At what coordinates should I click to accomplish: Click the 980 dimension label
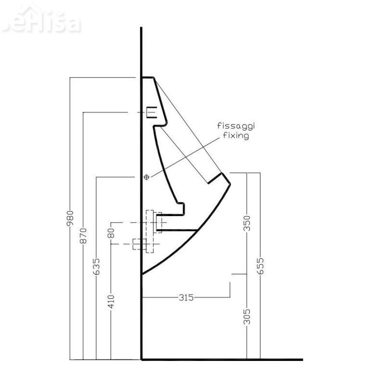[70, 218]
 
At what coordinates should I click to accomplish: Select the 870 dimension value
[83, 234]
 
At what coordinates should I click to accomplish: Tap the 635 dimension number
[96, 266]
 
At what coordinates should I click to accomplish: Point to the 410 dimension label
[111, 301]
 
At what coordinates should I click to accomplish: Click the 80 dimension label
[111, 233]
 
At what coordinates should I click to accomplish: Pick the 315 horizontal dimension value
[186, 297]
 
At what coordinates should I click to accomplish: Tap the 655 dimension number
[260, 266]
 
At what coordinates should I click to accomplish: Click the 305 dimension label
[247, 317]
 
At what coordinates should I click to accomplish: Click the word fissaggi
[236, 126]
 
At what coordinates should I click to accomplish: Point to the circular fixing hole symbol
[147, 177]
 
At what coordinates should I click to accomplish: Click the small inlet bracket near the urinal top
[151, 112]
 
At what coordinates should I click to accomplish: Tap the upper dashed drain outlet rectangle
[157, 221]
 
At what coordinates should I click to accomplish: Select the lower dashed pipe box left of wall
[139, 244]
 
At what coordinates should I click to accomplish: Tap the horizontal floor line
[221, 359]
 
